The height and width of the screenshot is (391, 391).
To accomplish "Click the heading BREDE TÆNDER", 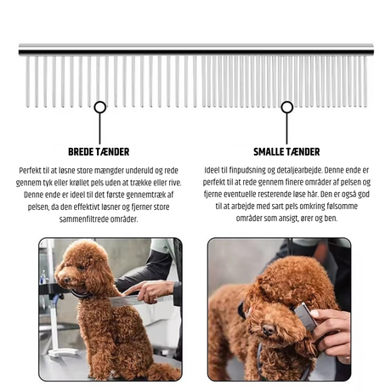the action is click(99, 152).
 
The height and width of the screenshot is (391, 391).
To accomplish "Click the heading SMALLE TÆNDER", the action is click(286, 152).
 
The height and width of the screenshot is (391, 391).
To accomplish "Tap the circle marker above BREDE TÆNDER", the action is click(100, 107).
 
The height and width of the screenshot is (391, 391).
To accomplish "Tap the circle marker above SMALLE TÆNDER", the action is click(287, 107).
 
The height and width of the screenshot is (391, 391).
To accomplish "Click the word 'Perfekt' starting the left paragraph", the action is click(30, 171).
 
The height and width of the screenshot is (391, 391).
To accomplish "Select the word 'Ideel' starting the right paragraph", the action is click(211, 170).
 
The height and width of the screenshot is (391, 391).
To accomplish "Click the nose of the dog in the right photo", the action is click(268, 330).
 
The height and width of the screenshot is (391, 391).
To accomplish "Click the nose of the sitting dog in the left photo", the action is click(66, 280).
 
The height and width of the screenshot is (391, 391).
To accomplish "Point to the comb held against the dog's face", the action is click(305, 316).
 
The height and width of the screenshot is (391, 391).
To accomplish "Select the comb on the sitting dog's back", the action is click(139, 300).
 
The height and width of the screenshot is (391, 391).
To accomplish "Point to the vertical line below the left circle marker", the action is click(99, 128).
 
